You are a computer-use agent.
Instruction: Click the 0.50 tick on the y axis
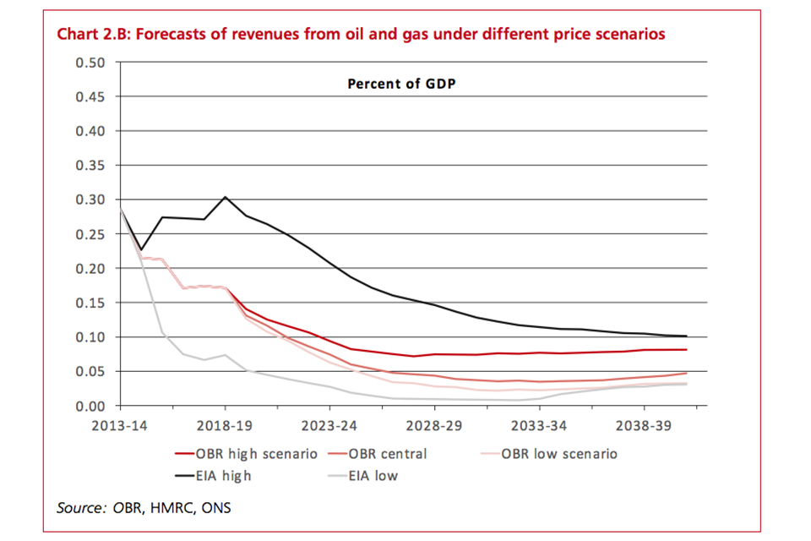coord(90,63)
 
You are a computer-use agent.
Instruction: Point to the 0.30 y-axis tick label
coord(90,200)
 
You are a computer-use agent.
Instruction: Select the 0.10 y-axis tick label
coord(90,337)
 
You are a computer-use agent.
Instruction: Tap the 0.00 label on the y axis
coord(90,407)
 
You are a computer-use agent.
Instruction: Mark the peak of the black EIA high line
coord(225,197)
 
